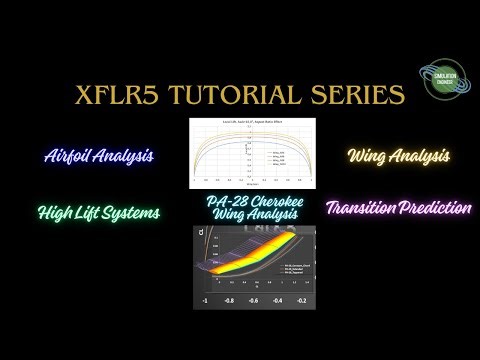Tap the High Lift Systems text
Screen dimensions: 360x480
[98, 212]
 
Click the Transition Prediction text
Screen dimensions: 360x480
[398, 208]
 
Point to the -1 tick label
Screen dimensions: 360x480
[204, 300]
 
